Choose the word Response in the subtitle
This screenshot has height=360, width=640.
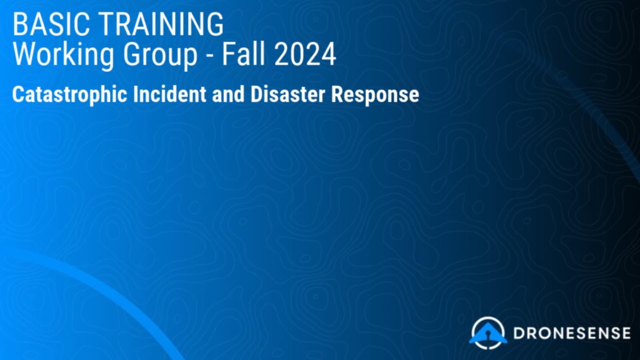coord(375,94)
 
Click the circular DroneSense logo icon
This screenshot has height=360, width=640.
coord(488,333)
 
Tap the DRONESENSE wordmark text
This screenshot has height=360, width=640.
coord(571,333)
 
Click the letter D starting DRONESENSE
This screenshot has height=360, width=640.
coord(518,333)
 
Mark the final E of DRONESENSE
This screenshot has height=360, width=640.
coord(625,333)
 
